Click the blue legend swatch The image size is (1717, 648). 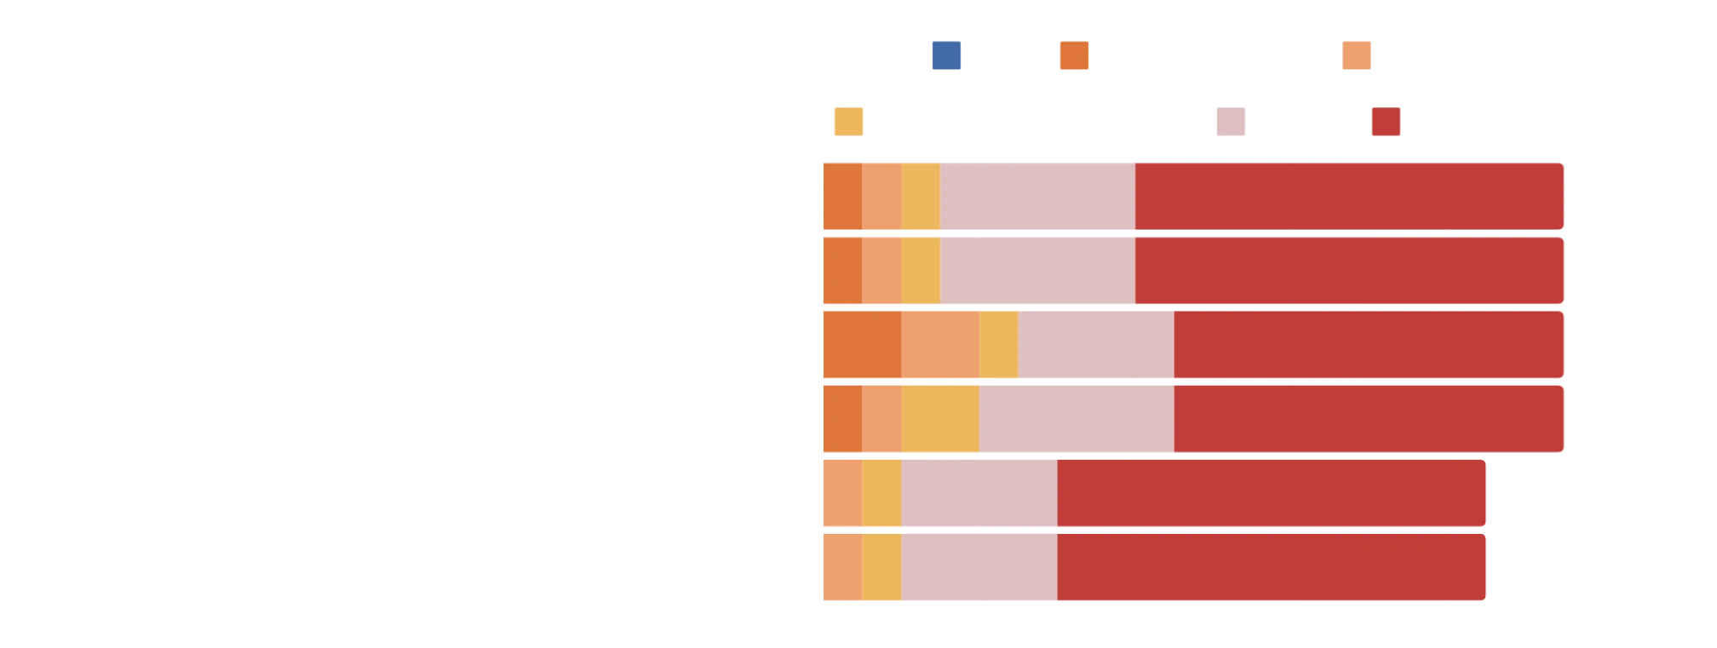[x=946, y=56]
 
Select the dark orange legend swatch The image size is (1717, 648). [x=1074, y=56]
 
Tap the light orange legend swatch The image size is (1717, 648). [x=1358, y=56]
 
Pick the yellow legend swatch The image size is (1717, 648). [x=848, y=120]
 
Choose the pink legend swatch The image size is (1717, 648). [x=1229, y=120]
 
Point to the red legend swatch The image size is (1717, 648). [x=1387, y=120]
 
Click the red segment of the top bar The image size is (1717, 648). [x=1350, y=195]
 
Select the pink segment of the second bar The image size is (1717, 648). [x=1037, y=270]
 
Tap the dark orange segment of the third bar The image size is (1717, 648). [x=862, y=345]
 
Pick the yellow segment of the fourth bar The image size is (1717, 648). [x=940, y=420]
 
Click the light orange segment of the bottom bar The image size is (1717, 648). [x=842, y=568]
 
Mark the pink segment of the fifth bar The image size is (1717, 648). [x=979, y=494]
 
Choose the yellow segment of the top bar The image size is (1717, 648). [x=921, y=195]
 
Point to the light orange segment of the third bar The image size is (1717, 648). [x=940, y=345]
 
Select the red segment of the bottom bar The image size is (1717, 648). [x=1272, y=568]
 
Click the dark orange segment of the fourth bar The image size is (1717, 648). [x=842, y=420]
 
